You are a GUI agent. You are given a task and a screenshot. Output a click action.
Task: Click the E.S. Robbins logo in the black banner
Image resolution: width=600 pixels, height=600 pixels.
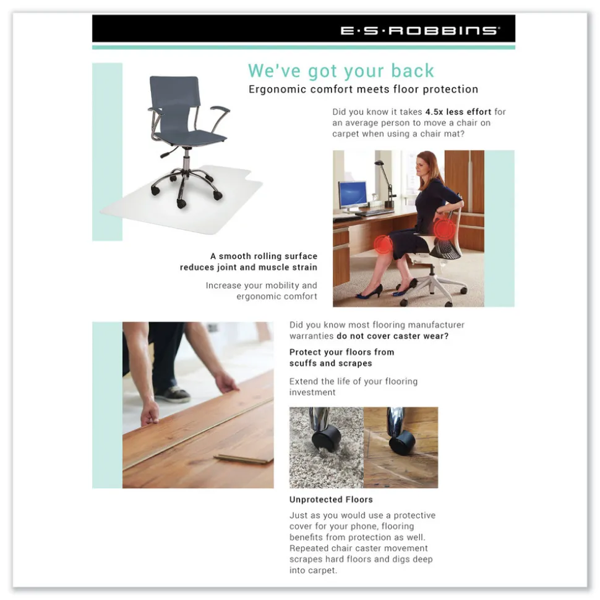tap(420, 30)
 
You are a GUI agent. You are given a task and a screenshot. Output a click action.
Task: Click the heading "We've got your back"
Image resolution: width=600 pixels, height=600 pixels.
tap(341, 70)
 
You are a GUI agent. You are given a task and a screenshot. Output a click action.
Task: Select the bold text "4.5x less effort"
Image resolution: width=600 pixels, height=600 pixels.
tap(458, 112)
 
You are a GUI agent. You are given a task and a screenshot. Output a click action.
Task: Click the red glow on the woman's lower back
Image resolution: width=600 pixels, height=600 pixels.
tap(443, 230)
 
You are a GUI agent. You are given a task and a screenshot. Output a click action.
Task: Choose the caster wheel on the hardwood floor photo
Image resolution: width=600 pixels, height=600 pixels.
tap(402, 442)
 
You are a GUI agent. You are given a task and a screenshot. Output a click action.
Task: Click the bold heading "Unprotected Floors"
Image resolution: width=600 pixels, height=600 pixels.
tap(331, 499)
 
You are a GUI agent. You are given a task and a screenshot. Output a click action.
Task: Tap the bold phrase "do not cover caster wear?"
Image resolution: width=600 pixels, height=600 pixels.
tap(392, 336)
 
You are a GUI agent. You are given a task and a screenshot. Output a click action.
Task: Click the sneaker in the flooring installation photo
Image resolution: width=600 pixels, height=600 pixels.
tap(172, 394)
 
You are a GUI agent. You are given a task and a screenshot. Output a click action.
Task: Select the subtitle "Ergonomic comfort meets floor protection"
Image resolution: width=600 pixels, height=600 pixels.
tap(363, 89)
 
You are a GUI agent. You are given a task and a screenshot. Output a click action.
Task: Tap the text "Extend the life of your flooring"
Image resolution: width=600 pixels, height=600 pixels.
tap(353, 381)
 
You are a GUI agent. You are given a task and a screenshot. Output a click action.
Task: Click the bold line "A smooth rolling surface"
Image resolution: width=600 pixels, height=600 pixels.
tap(264, 256)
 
